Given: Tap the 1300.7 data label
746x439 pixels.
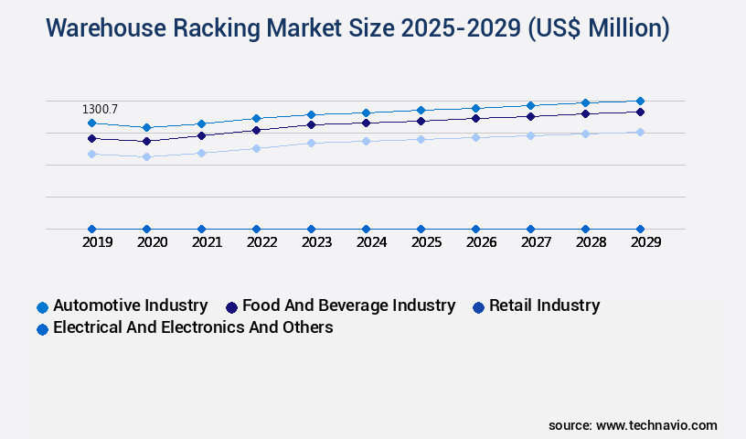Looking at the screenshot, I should pyautogui.click(x=100, y=109).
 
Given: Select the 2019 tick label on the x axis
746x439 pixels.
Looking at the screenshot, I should pyautogui.click(x=98, y=242).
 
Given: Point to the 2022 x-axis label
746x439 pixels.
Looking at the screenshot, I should pyautogui.click(x=261, y=242).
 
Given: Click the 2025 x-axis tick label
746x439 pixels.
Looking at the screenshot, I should pyautogui.click(x=426, y=242).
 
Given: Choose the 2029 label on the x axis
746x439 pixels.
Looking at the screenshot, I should pyautogui.click(x=645, y=242).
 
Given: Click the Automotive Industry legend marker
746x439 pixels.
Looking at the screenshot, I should pyautogui.click(x=42, y=307).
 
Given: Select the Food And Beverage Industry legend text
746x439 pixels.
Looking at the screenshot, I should pyautogui.click(x=348, y=305).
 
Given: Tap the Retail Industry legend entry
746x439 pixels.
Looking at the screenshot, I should pyautogui.click(x=544, y=305).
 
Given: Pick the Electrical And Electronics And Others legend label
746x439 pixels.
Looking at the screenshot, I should pyautogui.click(x=193, y=327).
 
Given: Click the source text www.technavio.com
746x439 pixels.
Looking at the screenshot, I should pyautogui.click(x=656, y=425).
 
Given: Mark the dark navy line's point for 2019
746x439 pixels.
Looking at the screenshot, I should pyautogui.click(x=91, y=138).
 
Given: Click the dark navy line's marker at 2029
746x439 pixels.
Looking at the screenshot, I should pyautogui.click(x=640, y=112).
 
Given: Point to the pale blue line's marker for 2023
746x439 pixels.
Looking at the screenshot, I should pyautogui.click(x=311, y=143).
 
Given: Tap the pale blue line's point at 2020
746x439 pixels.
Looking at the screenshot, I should pyautogui.click(x=146, y=156).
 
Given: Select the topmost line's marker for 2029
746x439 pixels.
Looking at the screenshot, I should pyautogui.click(x=640, y=101).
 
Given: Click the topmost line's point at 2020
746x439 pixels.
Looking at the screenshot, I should pyautogui.click(x=146, y=127).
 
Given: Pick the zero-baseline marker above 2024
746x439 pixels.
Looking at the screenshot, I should pyautogui.click(x=366, y=229).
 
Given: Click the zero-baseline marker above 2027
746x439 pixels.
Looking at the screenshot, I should pyautogui.click(x=530, y=229).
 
